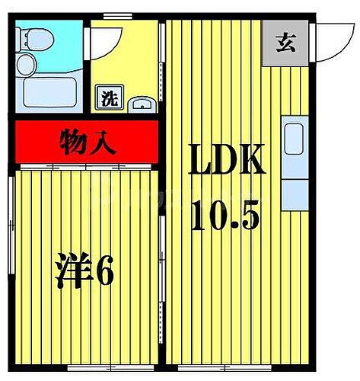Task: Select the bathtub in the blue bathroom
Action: pyautogui.click(x=47, y=91)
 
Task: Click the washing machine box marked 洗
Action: pyautogui.click(x=109, y=98)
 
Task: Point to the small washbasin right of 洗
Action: pyautogui.click(x=141, y=103)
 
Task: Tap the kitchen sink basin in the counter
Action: pyautogui.click(x=294, y=142)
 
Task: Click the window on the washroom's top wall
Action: pyautogui.click(x=114, y=17)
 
